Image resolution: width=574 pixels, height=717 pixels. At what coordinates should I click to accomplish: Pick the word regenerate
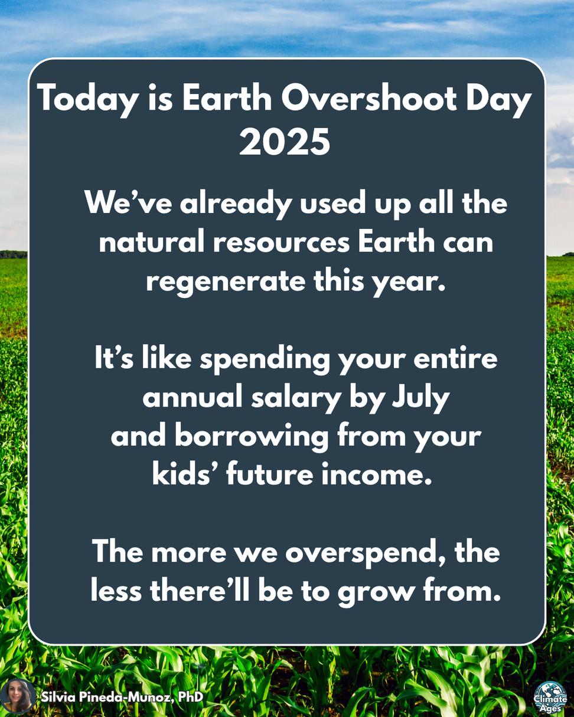[226, 282]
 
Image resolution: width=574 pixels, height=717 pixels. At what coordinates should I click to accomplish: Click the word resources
[281, 242]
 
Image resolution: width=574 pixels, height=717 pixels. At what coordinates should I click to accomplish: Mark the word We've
[129, 203]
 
